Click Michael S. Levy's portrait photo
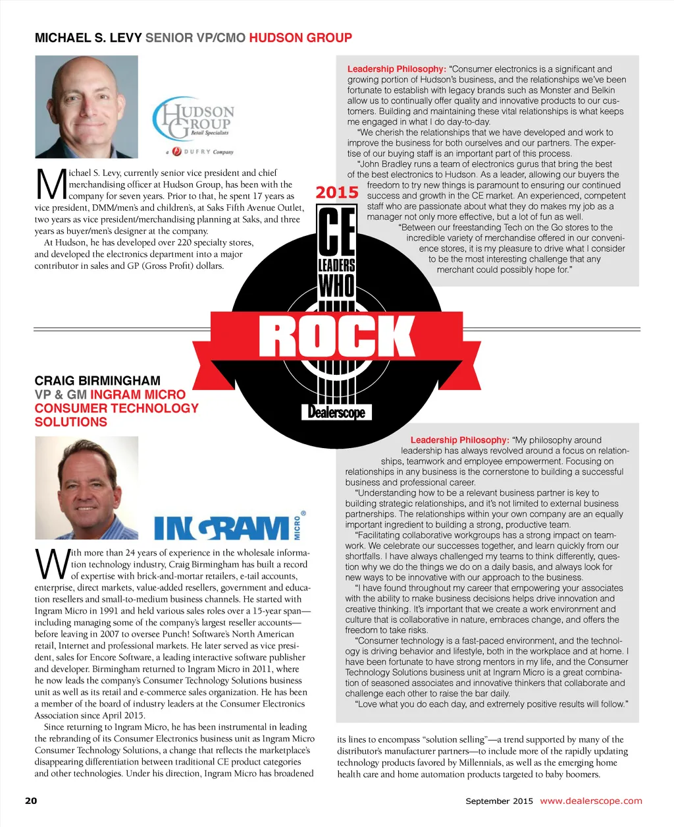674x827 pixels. point(86,107)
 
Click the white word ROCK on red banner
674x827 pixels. point(337,337)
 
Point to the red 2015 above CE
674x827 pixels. point(337,193)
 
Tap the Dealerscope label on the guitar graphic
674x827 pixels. point(337,413)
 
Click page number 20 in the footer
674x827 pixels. point(31,801)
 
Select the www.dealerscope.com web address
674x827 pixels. point(590,801)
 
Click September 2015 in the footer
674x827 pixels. point(499,801)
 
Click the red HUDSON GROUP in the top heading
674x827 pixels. point(300,38)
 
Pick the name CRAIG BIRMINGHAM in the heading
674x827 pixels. point(97,380)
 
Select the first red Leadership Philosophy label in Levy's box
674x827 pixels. point(396,69)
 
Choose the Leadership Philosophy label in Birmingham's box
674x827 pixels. point(459,440)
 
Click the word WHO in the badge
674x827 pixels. point(336,286)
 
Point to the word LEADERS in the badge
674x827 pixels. point(336,266)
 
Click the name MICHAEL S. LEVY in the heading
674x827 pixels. point(88,38)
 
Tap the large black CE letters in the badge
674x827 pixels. point(336,231)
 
